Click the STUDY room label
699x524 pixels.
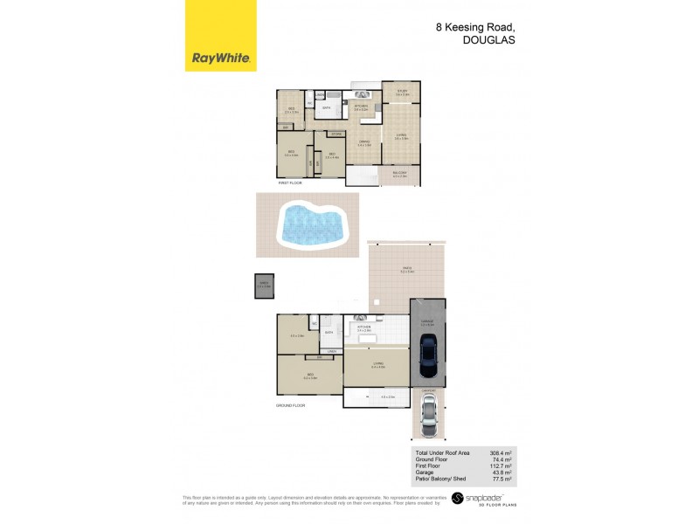402,90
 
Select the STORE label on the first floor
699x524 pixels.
336,134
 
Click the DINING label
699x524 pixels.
363,142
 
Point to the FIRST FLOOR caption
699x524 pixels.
289,184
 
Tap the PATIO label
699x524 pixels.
407,269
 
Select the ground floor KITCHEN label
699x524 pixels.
364,327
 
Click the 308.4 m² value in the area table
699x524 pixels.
501,454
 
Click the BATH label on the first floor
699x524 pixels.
327,107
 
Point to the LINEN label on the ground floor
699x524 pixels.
332,351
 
